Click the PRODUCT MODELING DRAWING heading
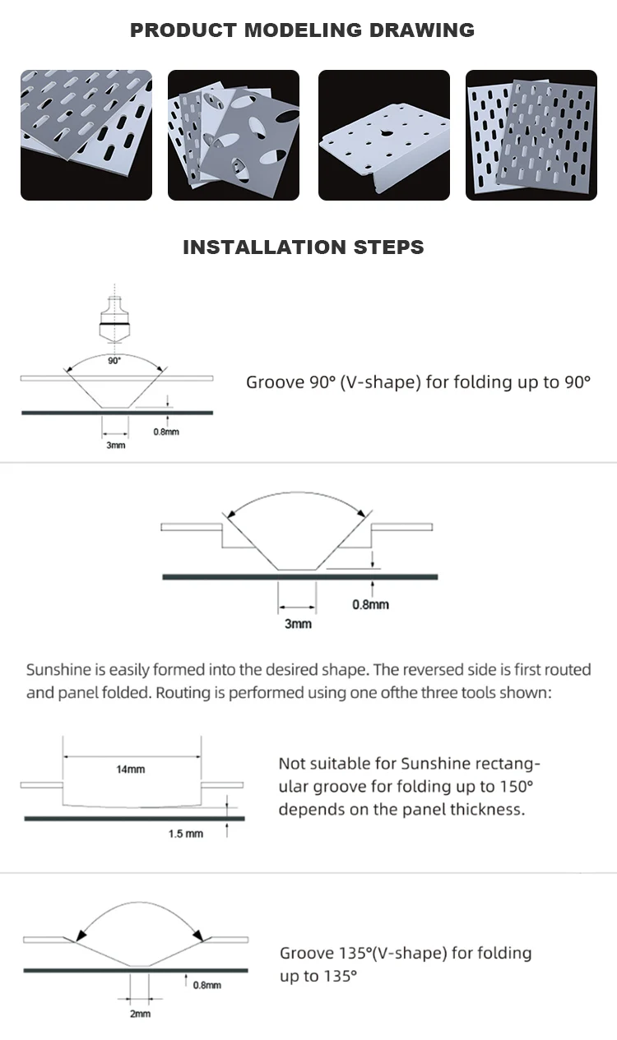pos(303,31)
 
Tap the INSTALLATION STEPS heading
pos(303,247)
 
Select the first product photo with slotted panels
pos(86,135)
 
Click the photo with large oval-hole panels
pos(234,135)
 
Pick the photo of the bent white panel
pos(383,135)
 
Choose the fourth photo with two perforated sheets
pos(531,135)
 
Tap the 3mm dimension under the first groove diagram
pos(116,445)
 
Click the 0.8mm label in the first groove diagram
pos(166,432)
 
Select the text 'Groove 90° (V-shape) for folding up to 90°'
pos(418,382)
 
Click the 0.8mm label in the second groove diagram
pos(370,605)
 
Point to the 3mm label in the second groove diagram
pos(298,624)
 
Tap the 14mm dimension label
pos(130,770)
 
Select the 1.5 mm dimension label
pos(185,834)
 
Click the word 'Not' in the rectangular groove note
pos(292,764)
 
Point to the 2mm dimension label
pos(140,1014)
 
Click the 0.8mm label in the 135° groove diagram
pos(206,985)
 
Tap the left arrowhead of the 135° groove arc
pos(81,935)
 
